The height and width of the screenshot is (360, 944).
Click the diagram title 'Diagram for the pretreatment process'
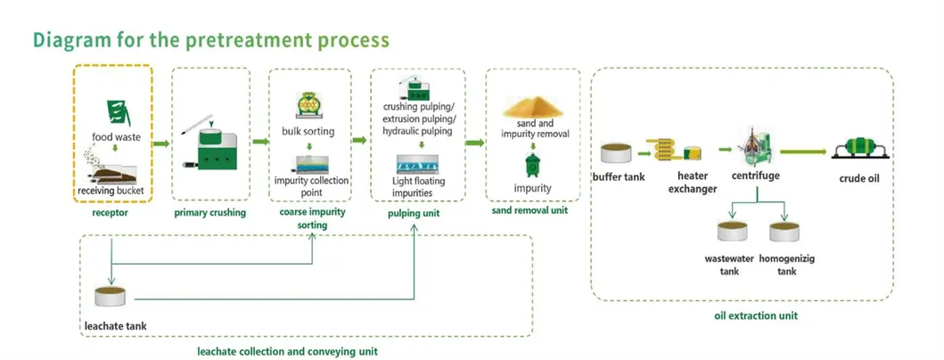[211, 40]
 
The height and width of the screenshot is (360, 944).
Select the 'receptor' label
[110, 214]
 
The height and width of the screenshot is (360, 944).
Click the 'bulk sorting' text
[308, 132]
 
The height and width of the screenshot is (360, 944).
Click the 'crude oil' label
[859, 178]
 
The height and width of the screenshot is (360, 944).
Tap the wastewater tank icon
[736, 233]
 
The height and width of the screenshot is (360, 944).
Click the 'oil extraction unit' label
[756, 315]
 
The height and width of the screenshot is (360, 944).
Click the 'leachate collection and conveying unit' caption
[287, 351]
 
